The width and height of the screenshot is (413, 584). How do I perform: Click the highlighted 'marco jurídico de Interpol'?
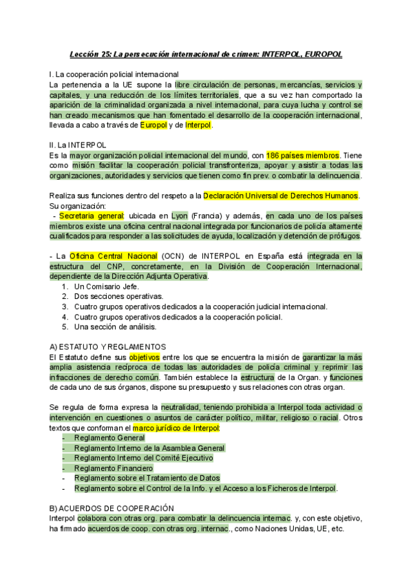(x=176, y=428)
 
